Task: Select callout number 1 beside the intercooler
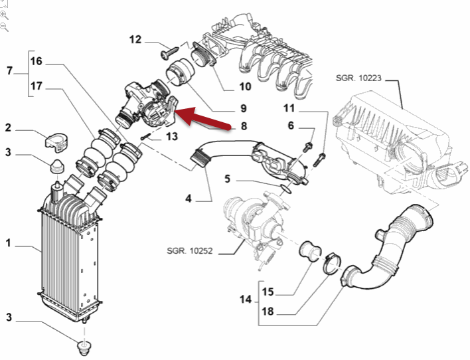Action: click(9, 244)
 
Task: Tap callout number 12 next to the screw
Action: click(135, 40)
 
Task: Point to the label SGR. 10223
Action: click(358, 78)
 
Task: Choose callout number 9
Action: click(244, 108)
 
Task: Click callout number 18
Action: click(268, 311)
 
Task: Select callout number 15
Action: click(268, 291)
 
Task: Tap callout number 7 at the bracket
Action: click(9, 71)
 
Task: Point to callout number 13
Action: click(171, 137)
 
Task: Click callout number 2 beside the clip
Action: click(9, 128)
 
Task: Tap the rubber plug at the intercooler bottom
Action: click(84, 347)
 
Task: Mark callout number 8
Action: click(244, 126)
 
